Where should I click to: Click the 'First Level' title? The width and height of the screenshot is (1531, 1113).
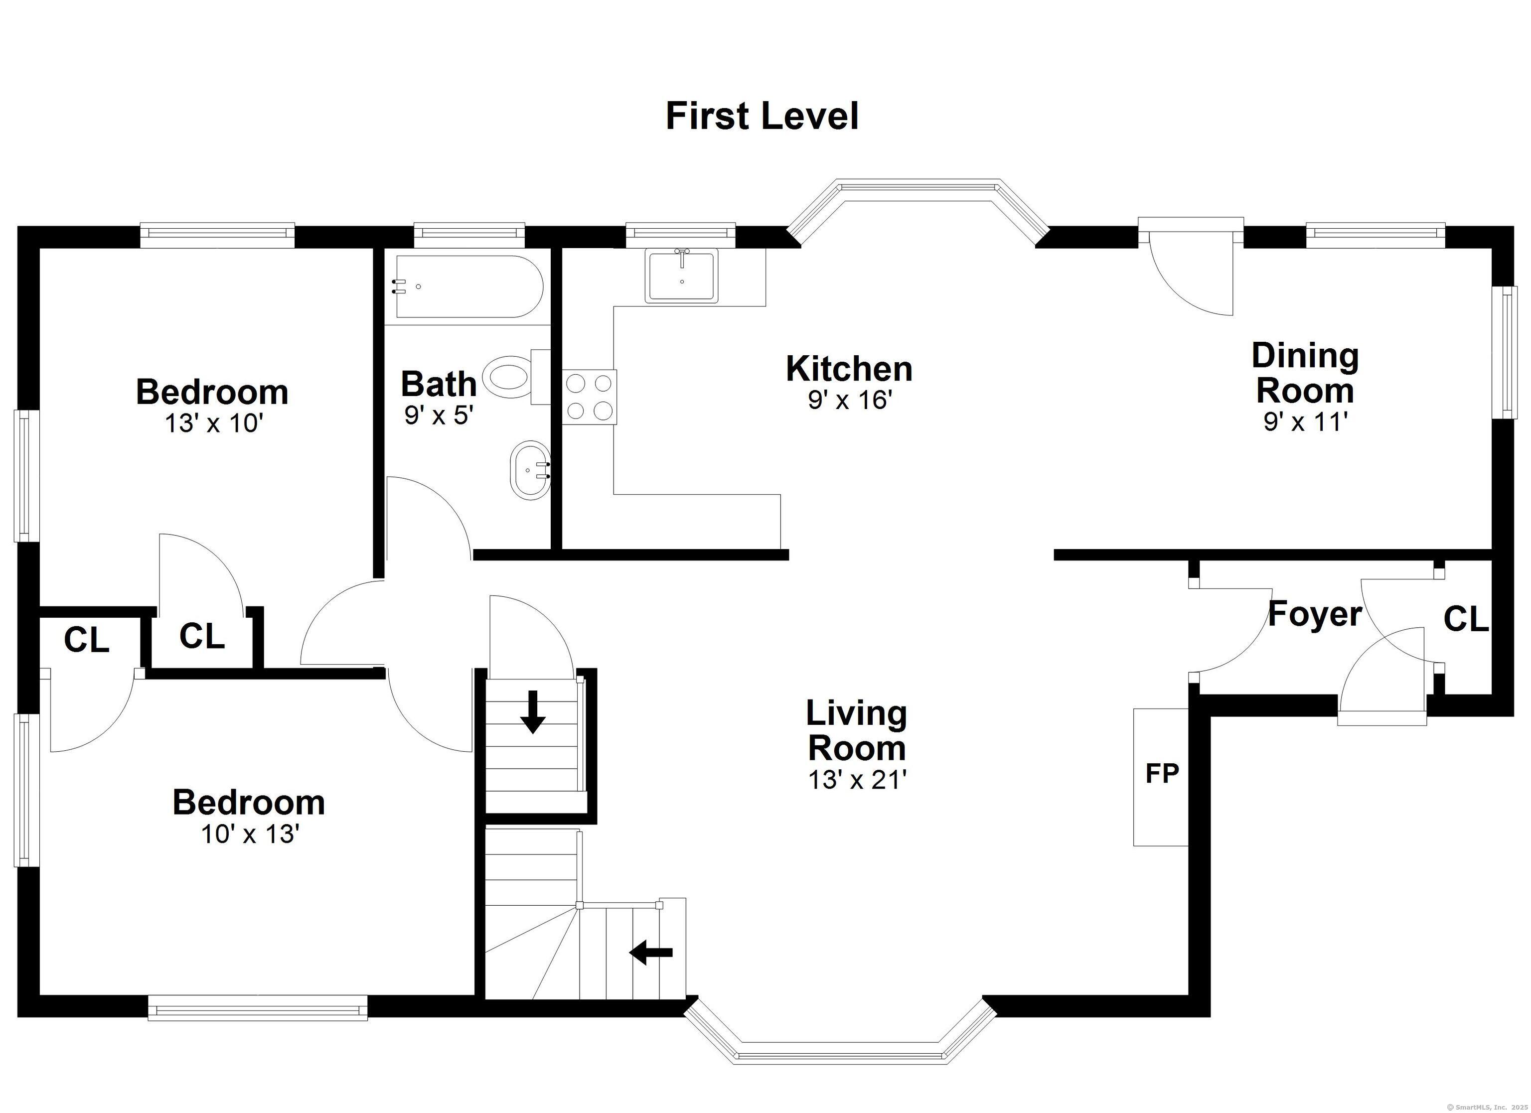(x=762, y=116)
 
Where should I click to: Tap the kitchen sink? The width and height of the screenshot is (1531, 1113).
(x=682, y=276)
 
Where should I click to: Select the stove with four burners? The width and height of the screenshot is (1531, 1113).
(x=589, y=397)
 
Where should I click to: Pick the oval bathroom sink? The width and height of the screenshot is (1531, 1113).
(x=530, y=470)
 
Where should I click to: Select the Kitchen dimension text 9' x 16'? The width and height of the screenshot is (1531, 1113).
(x=850, y=400)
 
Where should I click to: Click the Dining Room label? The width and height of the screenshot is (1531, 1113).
(x=1305, y=373)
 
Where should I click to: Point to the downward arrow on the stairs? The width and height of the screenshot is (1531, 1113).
(x=533, y=711)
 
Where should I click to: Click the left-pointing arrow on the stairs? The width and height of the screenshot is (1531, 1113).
(x=651, y=953)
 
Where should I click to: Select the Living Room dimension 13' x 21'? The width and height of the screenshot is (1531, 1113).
(x=857, y=780)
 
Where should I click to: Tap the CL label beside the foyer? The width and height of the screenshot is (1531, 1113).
(x=1466, y=618)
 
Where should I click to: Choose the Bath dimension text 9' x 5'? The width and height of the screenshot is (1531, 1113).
(x=438, y=415)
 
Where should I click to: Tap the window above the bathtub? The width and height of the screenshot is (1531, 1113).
(x=469, y=233)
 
